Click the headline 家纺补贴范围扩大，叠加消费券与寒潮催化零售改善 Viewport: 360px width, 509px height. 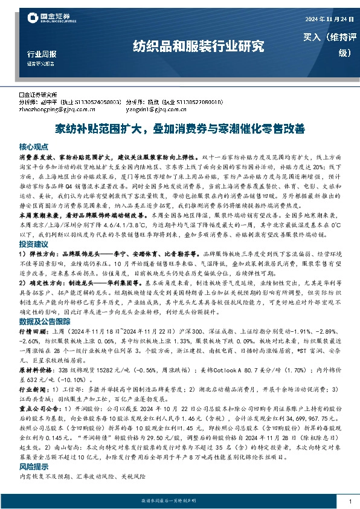(179, 129)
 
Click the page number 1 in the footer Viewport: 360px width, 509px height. (350, 502)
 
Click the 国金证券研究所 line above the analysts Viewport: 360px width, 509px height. (40, 95)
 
